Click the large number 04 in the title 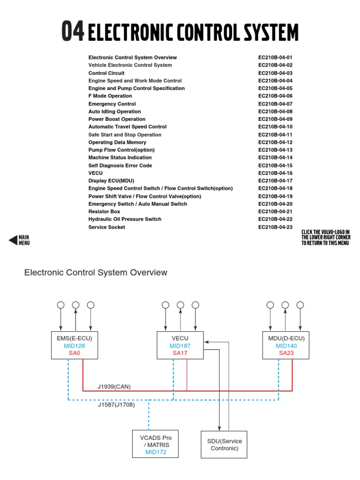coord(73,31)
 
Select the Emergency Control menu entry coord(112,104)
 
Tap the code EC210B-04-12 coord(275,142)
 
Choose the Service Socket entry coord(107,227)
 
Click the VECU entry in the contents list coord(96,173)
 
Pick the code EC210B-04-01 coord(275,57)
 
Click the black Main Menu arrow coord(14,240)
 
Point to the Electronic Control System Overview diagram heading coord(96,272)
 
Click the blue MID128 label coord(75,346)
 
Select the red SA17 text coord(180,352)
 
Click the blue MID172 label coord(156,452)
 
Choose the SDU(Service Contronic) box coord(225,444)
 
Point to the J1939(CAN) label coord(114,387)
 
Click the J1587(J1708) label coord(116,405)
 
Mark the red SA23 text coord(286,352)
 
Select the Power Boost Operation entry coord(117,119)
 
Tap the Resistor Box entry coord(104,211)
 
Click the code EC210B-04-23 coord(275,227)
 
